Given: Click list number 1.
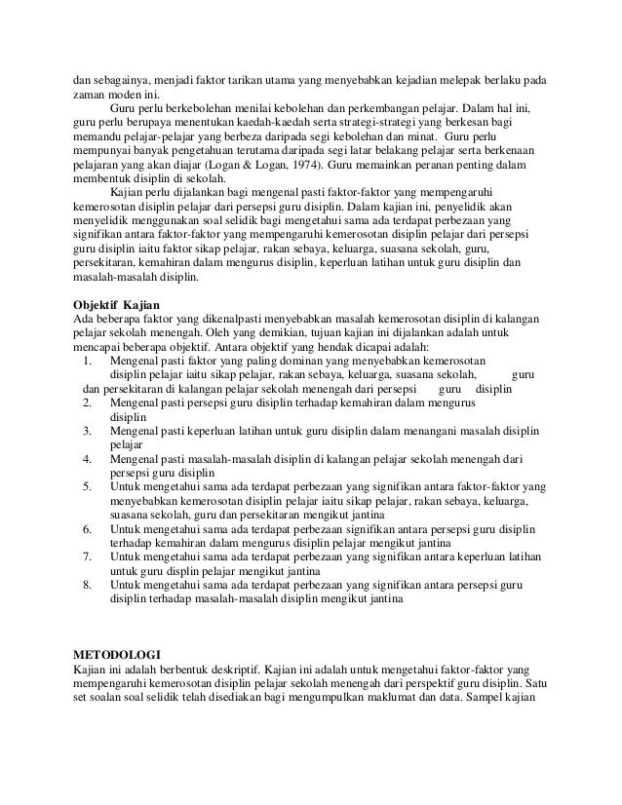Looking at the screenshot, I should pyautogui.click(x=88, y=360).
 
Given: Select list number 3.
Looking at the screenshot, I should pyautogui.click(x=88, y=429).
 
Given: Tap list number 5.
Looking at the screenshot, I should pyautogui.click(x=88, y=485).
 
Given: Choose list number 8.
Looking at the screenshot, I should pyautogui.click(x=88, y=586).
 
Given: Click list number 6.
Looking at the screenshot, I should pyautogui.click(x=88, y=529).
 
